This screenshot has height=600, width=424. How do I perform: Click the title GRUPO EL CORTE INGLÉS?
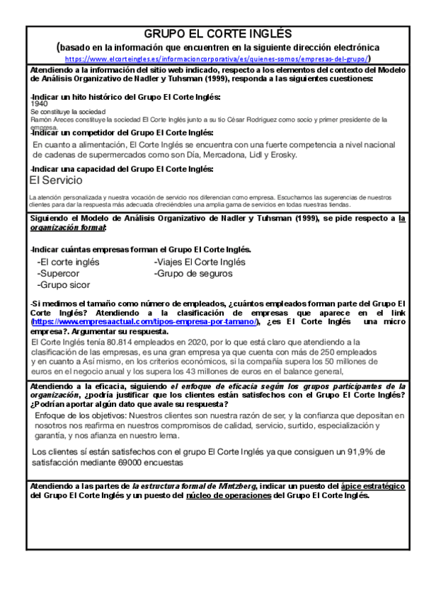pyautogui.click(x=212, y=34)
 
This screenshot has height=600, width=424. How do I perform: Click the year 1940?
pyautogui.click(x=40, y=103)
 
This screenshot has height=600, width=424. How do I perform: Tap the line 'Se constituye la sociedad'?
pyautogui.click(x=69, y=112)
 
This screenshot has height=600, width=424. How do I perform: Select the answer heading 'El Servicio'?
pyautogui.click(x=56, y=180)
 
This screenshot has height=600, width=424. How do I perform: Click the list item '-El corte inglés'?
pyautogui.click(x=68, y=262)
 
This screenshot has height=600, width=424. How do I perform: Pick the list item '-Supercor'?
pyautogui.click(x=59, y=273)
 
